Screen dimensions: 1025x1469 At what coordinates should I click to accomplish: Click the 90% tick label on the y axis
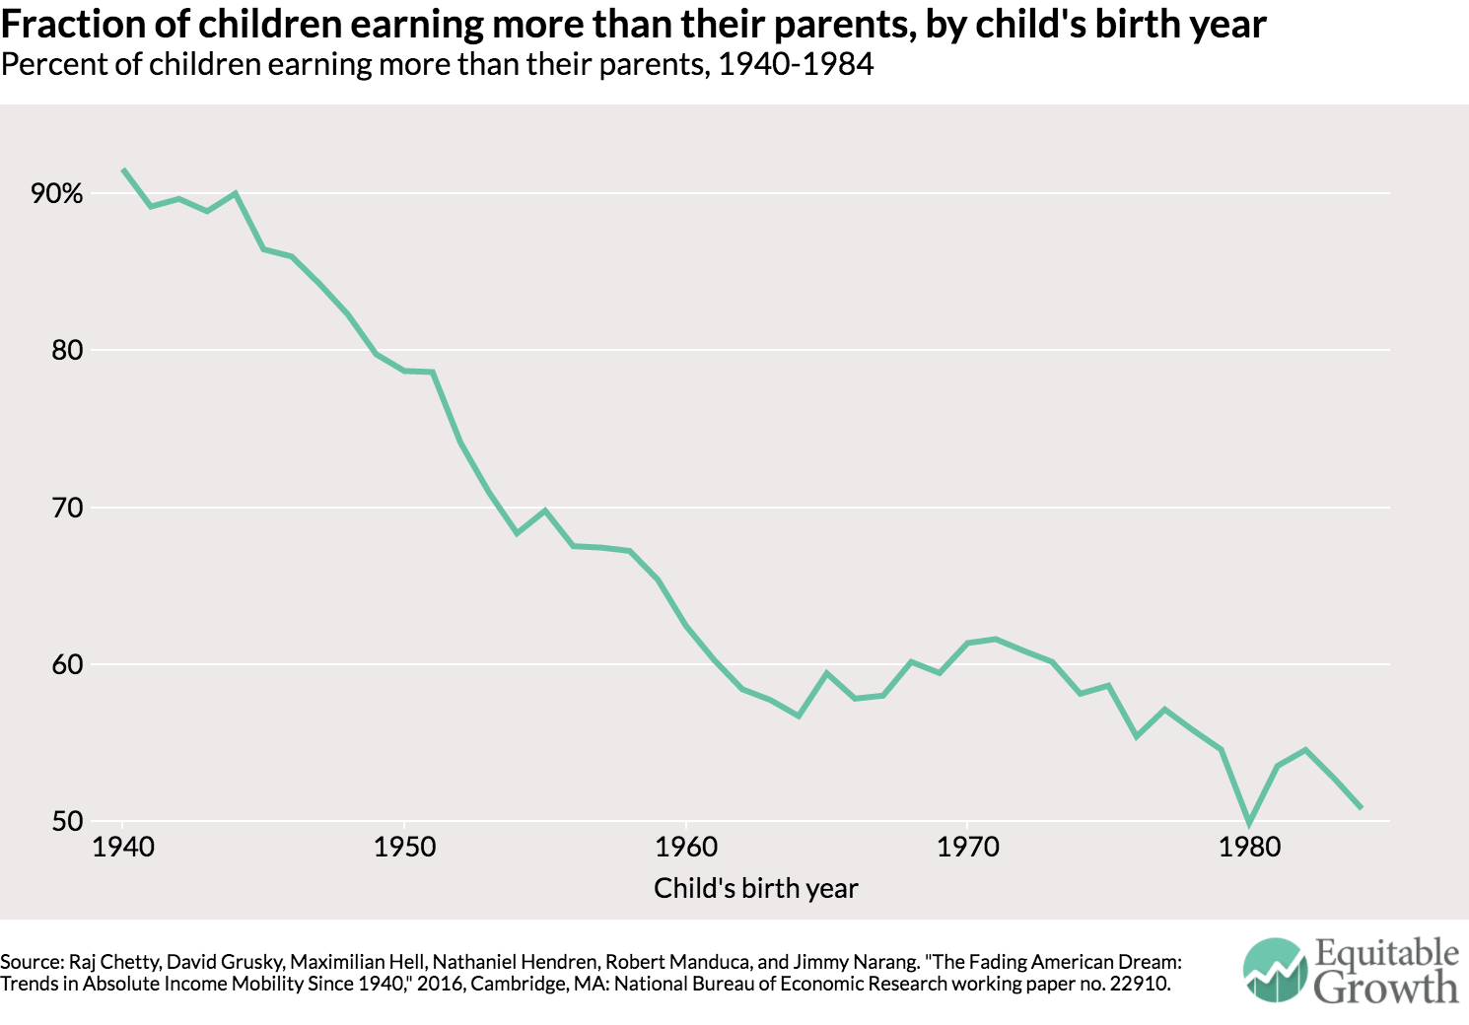pyautogui.click(x=57, y=193)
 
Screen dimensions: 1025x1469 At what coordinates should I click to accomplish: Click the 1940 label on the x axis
pyautogui.click(x=123, y=847)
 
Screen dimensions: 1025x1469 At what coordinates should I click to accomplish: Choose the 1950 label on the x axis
pyautogui.click(x=404, y=847)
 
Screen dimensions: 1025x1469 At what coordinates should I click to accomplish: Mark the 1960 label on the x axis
pyautogui.click(x=686, y=847)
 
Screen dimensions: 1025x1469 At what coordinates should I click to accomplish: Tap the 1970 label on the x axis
pyautogui.click(x=967, y=847)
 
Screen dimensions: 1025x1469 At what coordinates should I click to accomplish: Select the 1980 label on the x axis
pyautogui.click(x=1249, y=847)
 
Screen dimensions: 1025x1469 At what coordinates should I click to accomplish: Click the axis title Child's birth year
pyautogui.click(x=755, y=888)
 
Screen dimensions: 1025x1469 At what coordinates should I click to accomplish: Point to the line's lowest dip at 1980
pyautogui.click(x=1249, y=823)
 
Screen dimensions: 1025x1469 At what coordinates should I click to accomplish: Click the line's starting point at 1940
pyautogui.click(x=123, y=170)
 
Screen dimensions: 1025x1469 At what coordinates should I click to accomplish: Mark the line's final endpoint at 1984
pyautogui.click(x=1362, y=808)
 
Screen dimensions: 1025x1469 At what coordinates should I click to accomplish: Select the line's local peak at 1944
pyautogui.click(x=235, y=193)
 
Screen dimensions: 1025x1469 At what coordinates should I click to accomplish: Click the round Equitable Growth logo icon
pyautogui.click(x=1275, y=970)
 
